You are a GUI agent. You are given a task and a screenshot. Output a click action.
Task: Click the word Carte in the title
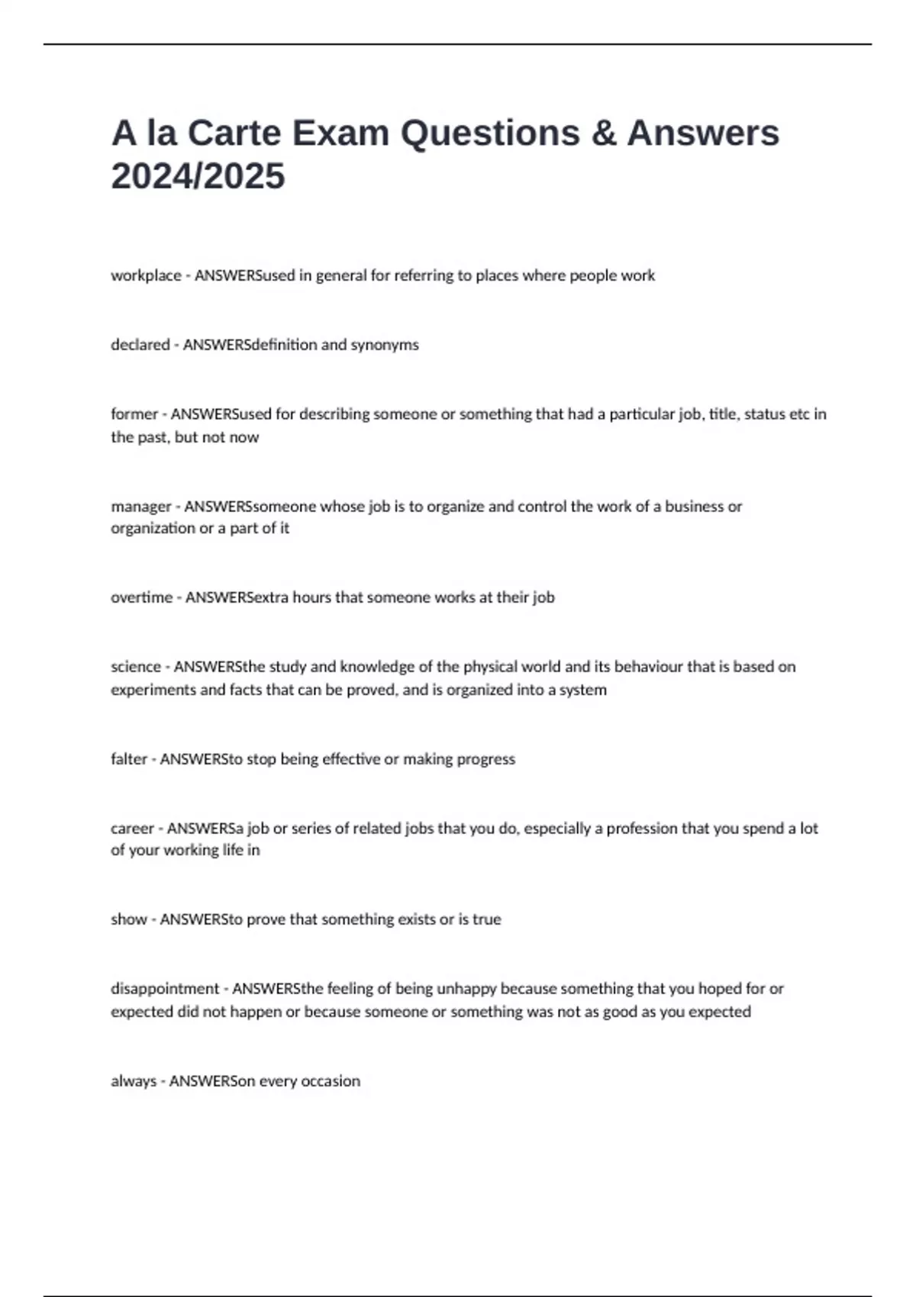(x=234, y=133)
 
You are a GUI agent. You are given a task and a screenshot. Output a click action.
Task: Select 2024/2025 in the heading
(x=198, y=176)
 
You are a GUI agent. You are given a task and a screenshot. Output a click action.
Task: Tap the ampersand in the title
(x=603, y=133)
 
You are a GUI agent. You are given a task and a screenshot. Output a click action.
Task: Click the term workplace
(x=146, y=275)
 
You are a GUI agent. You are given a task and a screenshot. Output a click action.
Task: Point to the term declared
(x=140, y=345)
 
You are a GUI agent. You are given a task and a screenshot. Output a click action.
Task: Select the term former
(x=134, y=414)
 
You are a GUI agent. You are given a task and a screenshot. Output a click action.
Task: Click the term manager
(x=141, y=507)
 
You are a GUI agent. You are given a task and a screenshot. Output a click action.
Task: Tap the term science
(x=136, y=667)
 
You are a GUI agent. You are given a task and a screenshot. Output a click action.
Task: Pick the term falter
(x=128, y=759)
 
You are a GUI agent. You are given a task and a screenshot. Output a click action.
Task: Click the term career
(x=132, y=829)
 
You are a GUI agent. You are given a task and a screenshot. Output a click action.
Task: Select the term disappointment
(x=164, y=989)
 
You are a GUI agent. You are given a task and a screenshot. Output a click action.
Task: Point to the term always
(x=133, y=1081)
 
